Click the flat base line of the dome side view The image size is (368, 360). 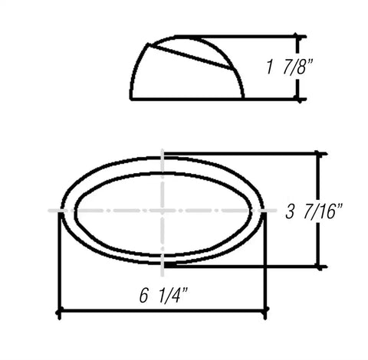tap(188, 99)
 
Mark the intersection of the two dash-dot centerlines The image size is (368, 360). tap(163, 209)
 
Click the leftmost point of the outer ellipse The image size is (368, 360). tap(61, 209)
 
